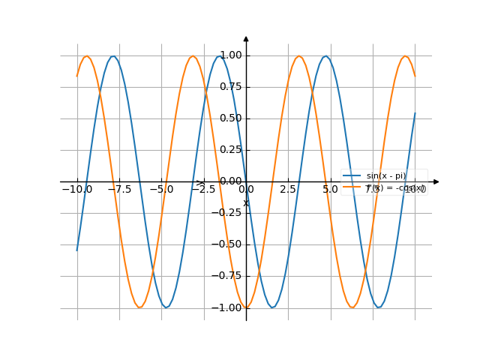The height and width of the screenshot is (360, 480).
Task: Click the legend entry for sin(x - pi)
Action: pyautogui.click(x=385, y=175)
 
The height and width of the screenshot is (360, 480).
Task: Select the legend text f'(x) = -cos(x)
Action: pyautogui.click(x=395, y=188)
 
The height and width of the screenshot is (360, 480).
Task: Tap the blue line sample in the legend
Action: pyautogui.click(x=351, y=175)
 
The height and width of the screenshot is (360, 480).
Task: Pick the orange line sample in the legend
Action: pyautogui.click(x=351, y=187)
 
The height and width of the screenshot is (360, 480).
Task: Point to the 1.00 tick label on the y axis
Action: pyautogui.click(x=231, y=55)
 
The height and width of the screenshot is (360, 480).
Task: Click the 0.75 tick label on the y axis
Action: pyautogui.click(x=231, y=87)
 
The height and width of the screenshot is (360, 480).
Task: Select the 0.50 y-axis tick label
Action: pyautogui.click(x=231, y=118)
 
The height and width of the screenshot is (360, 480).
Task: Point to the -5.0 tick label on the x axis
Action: pyautogui.click(x=161, y=190)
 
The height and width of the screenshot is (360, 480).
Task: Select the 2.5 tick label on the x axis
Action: pyautogui.click(x=288, y=190)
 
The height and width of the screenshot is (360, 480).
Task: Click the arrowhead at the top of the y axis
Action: pyautogui.click(x=246, y=38)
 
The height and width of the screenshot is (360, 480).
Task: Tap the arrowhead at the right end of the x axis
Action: pyautogui.click(x=436, y=181)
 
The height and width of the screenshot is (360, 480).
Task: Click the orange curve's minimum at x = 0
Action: pyautogui.click(x=246, y=307)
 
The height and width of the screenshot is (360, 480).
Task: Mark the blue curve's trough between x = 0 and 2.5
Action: pyautogui.click(x=272, y=307)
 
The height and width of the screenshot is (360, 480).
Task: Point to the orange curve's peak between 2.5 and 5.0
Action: pyautogui.click(x=299, y=55)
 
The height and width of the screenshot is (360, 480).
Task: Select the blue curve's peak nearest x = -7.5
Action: pyautogui.click(x=113, y=55)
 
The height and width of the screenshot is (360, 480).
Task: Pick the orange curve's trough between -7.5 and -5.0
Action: pyautogui.click(x=139, y=307)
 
